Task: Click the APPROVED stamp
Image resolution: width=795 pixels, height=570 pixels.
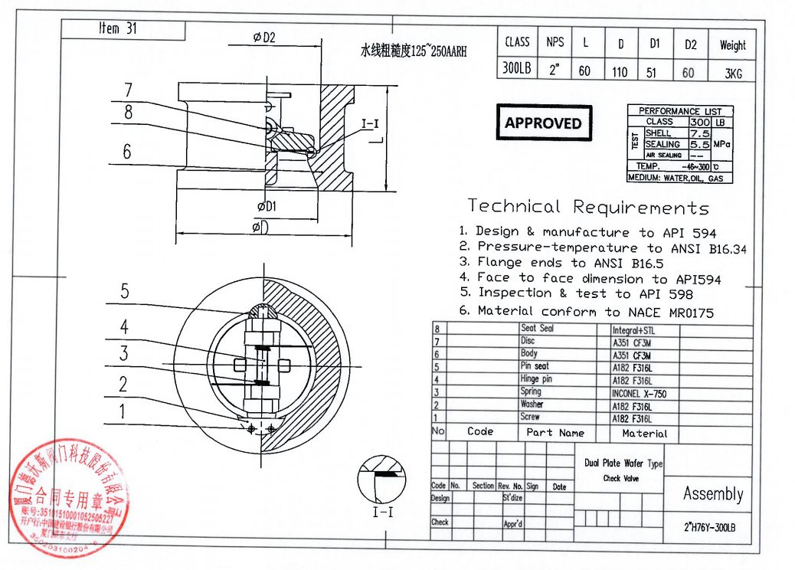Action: point(543,123)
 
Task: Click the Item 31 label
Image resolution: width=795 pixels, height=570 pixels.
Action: point(118,28)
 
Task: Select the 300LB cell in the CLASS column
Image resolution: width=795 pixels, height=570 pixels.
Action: point(517,68)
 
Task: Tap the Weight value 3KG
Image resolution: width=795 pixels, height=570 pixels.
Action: point(732,72)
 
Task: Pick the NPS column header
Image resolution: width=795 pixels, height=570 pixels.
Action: point(555,43)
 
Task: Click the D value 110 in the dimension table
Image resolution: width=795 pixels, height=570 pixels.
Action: point(620,72)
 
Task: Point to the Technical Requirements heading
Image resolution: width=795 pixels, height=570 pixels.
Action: point(588,207)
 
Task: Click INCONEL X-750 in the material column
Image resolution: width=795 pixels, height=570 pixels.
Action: point(639,393)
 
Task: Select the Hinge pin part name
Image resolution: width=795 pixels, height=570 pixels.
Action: point(536,379)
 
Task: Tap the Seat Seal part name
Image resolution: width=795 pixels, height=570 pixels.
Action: point(536,328)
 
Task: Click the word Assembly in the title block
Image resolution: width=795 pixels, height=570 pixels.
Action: point(712,494)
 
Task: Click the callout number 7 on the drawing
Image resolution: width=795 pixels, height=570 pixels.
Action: point(129,89)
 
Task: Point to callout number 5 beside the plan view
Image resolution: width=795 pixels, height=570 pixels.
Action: point(124,291)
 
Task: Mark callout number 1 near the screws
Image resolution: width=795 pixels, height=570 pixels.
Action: point(121,412)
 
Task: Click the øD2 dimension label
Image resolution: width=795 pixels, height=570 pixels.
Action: point(263,37)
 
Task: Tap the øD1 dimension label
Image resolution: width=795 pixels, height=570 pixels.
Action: point(267,206)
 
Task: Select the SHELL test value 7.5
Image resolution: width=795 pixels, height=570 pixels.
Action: point(700,133)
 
